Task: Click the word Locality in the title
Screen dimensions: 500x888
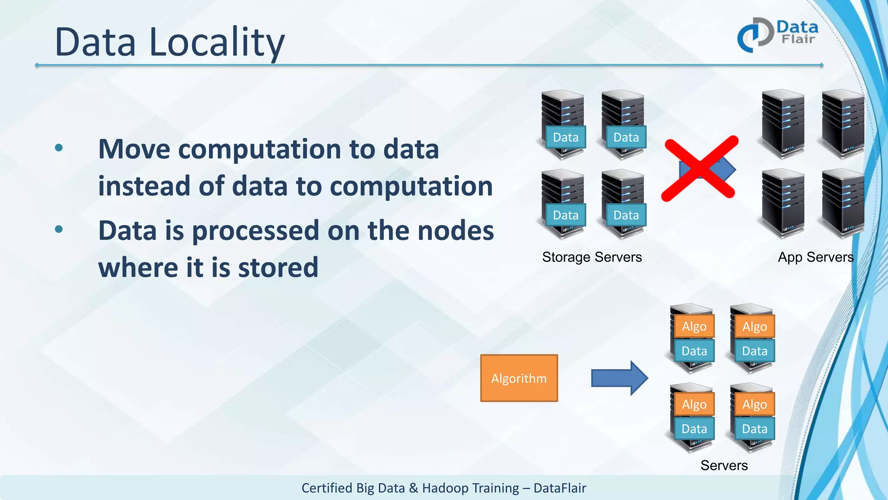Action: [217, 42]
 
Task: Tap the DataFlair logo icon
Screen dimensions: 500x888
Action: [755, 35]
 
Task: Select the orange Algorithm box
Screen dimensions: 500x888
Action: [519, 378]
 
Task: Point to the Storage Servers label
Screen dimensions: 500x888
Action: [592, 257]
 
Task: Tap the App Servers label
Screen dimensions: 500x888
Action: [816, 257]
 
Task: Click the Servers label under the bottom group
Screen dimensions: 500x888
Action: [724, 465]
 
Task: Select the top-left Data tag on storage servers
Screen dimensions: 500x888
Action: [565, 137]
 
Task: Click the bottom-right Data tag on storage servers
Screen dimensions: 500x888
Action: [626, 215]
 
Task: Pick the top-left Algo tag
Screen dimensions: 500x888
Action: [694, 326]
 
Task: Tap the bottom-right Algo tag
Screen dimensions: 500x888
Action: [754, 404]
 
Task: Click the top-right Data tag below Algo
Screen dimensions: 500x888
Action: [754, 351]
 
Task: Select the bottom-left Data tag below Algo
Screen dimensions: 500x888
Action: [694, 429]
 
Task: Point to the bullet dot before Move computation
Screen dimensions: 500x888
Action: [59, 148]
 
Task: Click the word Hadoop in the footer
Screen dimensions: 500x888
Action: [448, 488]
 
